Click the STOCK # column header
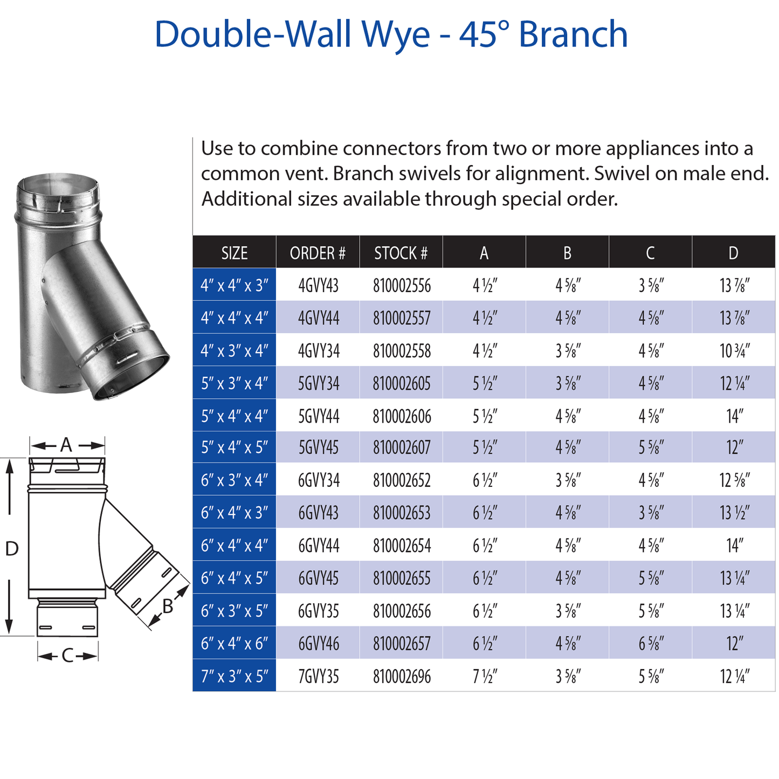pos(401,253)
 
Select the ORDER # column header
pos(318,253)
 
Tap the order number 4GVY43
pos(318,285)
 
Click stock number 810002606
pos(402,416)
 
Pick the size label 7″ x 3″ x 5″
pos(234,676)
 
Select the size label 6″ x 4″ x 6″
pos(234,643)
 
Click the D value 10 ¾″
pos(734,351)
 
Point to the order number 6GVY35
pos(318,611)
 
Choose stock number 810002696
pos(402,676)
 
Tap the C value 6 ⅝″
pos(651,643)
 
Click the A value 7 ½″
pos(484,676)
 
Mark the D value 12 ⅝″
pos(734,480)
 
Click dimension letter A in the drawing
pos(66,445)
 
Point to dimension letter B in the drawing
pos(168,606)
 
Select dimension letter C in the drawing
pos(67,656)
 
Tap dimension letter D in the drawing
pos(12,549)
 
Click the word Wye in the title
pos(395,35)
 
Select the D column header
pos(733,253)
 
